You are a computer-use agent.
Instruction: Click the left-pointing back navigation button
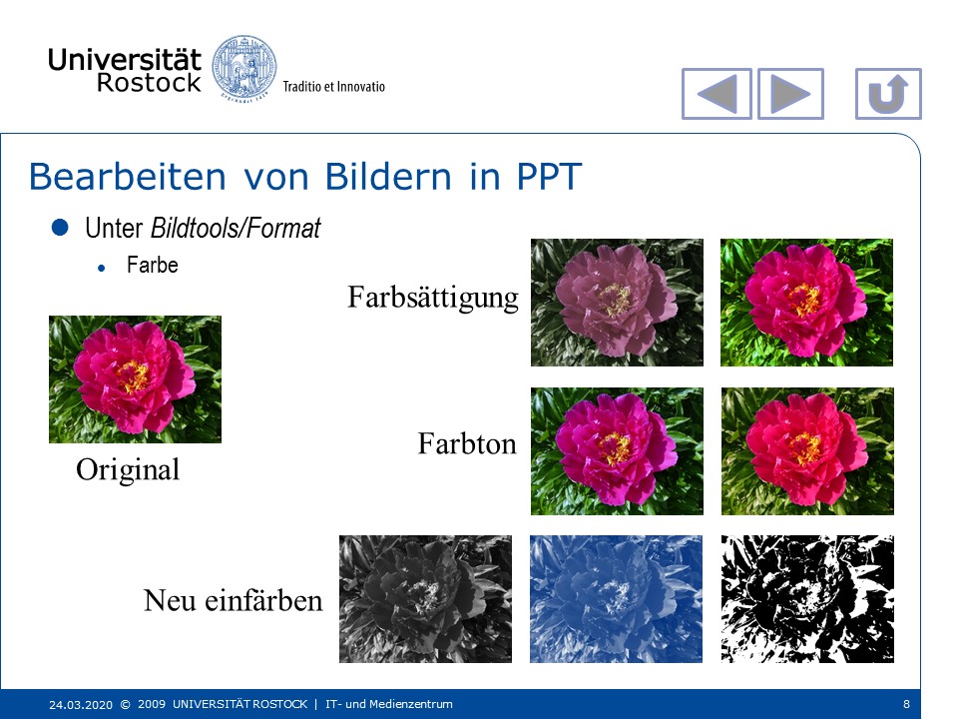tap(717, 94)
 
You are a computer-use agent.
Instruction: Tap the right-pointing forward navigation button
tap(790, 94)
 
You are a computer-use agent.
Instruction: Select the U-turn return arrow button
tap(888, 94)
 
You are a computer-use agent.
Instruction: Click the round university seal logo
tap(244, 67)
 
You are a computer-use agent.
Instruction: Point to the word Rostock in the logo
tap(149, 83)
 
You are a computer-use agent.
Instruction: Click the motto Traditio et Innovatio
tap(333, 86)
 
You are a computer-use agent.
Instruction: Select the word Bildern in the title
tap(388, 177)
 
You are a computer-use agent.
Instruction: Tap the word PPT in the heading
tap(549, 177)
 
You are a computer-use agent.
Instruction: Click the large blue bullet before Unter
tap(60, 228)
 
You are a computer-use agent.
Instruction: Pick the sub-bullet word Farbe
tap(152, 265)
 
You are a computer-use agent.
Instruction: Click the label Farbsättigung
tap(432, 298)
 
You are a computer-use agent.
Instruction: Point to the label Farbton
tap(467, 443)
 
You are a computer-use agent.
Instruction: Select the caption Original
tap(128, 470)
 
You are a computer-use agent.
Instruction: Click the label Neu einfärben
tap(233, 600)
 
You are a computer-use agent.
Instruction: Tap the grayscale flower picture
tap(425, 599)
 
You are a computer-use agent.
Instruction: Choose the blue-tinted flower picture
tap(616, 599)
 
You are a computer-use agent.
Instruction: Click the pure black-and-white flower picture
tap(807, 599)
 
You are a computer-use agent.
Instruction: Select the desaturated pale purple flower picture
tap(617, 303)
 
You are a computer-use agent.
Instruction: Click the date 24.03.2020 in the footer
tap(81, 704)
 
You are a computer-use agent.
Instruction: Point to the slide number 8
tap(907, 704)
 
